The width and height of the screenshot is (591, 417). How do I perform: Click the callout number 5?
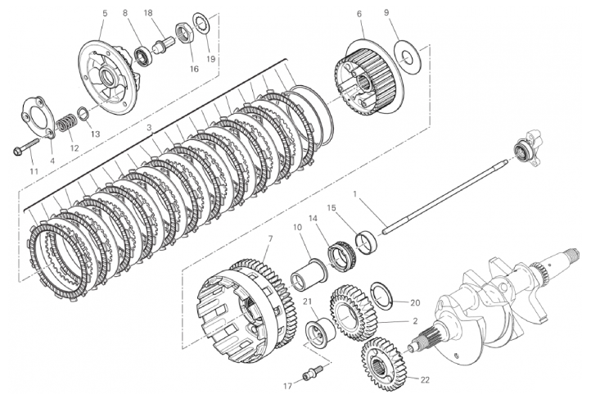[x=105, y=13]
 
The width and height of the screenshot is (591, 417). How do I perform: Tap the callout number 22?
[x=425, y=380]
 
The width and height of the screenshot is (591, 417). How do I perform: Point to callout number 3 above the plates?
[x=149, y=128]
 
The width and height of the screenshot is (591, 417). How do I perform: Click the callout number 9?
[x=386, y=12]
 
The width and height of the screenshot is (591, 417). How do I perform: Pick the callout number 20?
[x=415, y=302]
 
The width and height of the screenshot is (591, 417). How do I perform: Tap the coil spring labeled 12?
[x=66, y=123]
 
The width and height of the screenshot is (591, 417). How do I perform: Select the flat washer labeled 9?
[x=407, y=57]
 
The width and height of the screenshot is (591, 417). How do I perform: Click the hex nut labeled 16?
[x=185, y=33]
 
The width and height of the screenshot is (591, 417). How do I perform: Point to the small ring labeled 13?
[x=83, y=113]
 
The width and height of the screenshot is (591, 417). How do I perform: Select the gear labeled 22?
[x=383, y=359]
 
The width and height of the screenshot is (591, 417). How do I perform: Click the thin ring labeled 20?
[x=382, y=295]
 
